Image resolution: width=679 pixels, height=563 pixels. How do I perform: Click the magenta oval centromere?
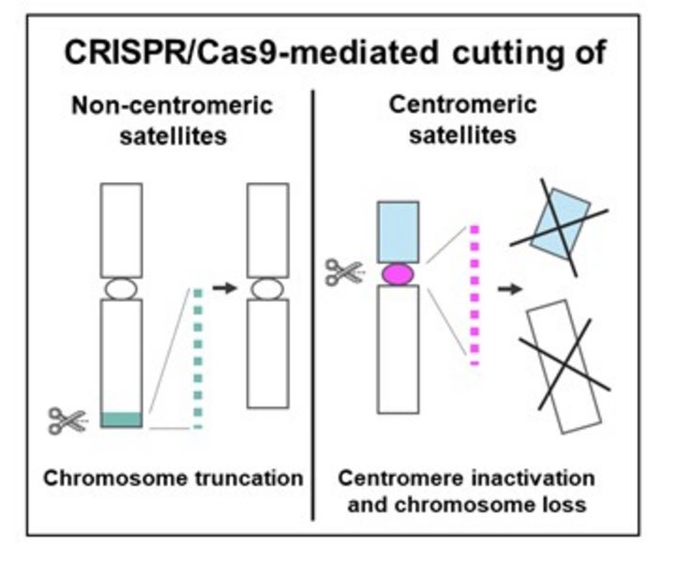tap(398, 274)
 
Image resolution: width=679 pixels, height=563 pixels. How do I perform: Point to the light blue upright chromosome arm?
tap(398, 232)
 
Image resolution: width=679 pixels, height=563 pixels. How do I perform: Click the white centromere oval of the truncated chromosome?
tap(266, 287)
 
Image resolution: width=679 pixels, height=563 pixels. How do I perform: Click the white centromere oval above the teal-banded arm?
tap(122, 288)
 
